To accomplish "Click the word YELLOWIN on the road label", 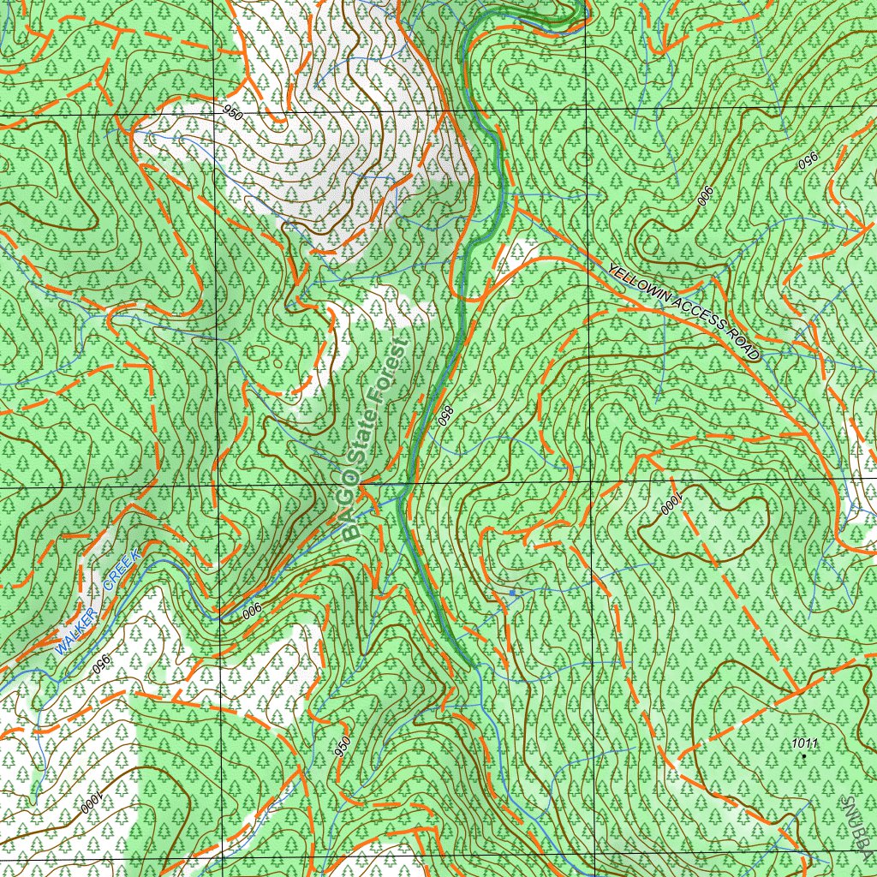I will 637,283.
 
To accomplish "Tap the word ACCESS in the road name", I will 698,316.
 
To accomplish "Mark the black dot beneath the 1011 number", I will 804,755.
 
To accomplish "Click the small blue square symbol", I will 512,593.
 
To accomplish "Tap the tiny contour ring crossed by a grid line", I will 585,158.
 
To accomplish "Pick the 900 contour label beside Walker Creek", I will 252,611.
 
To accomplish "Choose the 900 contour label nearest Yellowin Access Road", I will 705,196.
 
